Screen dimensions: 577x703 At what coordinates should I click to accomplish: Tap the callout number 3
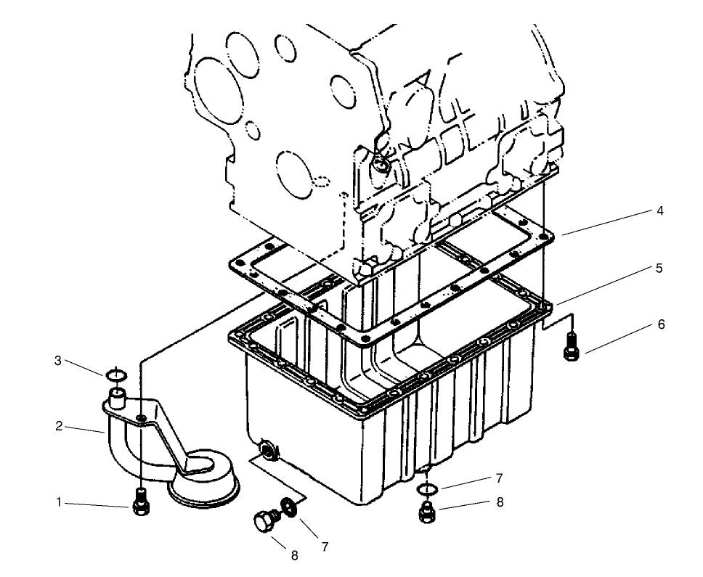(x=58, y=361)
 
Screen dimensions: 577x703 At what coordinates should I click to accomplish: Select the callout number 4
(x=659, y=211)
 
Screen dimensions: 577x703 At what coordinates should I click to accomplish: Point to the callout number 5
(x=659, y=269)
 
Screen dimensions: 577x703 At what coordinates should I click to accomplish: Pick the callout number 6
(x=661, y=324)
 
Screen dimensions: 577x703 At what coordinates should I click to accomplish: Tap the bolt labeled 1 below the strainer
(x=141, y=503)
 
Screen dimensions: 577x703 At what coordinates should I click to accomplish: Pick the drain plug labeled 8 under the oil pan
(x=427, y=512)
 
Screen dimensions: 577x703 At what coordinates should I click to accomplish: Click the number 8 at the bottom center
(x=294, y=556)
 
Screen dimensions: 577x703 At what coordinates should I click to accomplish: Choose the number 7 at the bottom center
(x=325, y=547)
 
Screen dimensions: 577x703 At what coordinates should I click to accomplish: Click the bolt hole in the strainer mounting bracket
(x=141, y=417)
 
